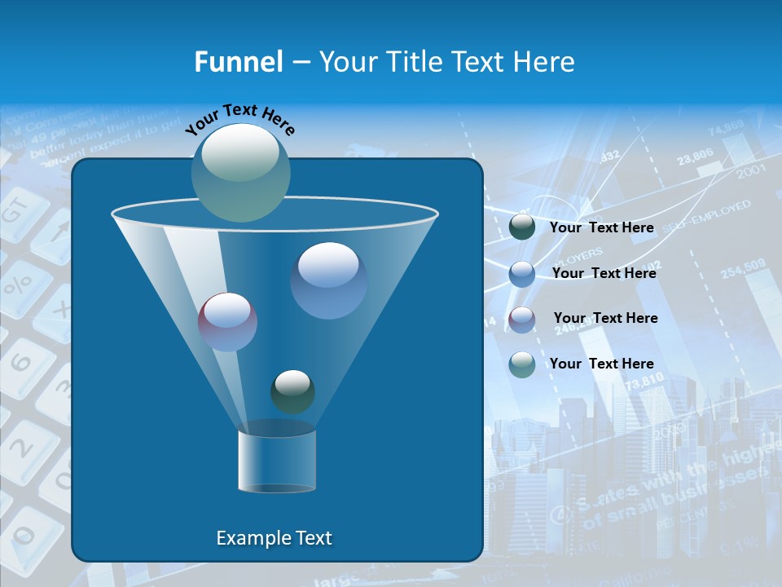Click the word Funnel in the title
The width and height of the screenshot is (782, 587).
coord(238,62)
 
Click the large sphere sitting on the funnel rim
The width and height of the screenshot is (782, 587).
coord(241,172)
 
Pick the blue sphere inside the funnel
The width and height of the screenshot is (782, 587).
coord(328,280)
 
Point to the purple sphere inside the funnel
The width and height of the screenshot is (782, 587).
coord(227,322)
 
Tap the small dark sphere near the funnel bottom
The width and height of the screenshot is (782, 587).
coord(292,391)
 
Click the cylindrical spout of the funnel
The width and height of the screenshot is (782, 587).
coord(277,461)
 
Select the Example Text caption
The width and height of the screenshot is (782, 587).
coord(274,538)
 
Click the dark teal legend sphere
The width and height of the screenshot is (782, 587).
coord(522,227)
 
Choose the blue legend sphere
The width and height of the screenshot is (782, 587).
coord(522,274)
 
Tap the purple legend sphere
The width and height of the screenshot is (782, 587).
coord(522,319)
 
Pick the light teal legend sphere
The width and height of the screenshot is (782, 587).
coord(522,364)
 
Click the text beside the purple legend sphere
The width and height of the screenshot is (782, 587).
coord(605,318)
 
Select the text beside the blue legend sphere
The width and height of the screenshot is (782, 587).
coord(604,273)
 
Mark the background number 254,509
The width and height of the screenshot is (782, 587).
coord(742,267)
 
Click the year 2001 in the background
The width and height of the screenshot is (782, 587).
coord(750,172)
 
